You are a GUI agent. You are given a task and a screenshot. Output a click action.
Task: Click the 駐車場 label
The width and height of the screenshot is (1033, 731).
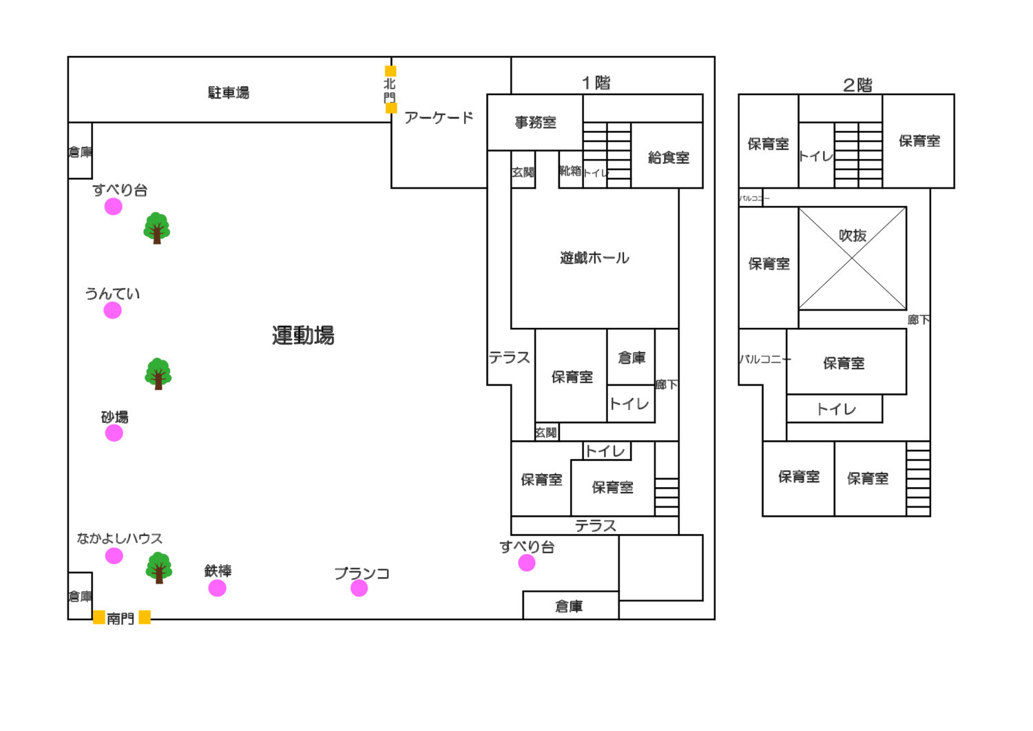pos(229,92)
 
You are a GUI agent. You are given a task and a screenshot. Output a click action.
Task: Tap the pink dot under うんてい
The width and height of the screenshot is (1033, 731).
pos(113,311)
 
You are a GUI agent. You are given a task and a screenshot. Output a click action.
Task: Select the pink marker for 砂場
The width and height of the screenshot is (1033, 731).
pos(114,433)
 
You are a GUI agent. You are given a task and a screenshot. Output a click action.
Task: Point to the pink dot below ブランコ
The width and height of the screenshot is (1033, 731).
pos(359,588)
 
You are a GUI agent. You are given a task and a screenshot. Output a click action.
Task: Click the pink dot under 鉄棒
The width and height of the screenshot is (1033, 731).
pos(217,588)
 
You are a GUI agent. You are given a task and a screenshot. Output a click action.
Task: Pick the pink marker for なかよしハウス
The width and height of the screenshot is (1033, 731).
pos(114,556)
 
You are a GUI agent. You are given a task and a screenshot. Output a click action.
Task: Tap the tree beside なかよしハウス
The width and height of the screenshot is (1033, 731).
pos(159,567)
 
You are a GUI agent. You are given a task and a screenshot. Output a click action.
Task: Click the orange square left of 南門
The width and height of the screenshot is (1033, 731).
pos(99,617)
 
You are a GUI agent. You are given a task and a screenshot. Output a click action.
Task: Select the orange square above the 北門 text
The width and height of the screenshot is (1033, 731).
pos(390,71)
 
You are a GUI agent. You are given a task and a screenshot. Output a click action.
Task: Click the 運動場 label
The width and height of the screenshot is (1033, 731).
pos(303,336)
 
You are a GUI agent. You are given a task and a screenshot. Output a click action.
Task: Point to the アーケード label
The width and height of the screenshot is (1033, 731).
pos(439,118)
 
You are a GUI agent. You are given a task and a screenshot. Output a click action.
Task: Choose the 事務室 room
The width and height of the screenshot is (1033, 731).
pos(535,123)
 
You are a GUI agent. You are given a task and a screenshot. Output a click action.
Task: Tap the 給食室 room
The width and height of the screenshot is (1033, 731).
pos(668,157)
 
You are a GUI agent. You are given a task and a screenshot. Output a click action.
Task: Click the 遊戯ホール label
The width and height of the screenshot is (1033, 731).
pos(594,258)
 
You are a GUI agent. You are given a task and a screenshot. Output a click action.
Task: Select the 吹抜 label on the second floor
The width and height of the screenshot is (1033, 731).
pos(853,236)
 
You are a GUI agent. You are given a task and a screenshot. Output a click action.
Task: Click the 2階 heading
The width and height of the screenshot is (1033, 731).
pos(857,85)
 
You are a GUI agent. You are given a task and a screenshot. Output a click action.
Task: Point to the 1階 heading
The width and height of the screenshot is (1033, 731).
pos(596,83)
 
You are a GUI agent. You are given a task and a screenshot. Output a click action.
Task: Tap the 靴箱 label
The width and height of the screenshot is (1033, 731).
pos(570,170)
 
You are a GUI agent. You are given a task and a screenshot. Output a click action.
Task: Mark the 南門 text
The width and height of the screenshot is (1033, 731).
pos(121,619)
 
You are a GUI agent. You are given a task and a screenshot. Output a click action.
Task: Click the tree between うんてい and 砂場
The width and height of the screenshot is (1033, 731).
pos(158,373)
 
